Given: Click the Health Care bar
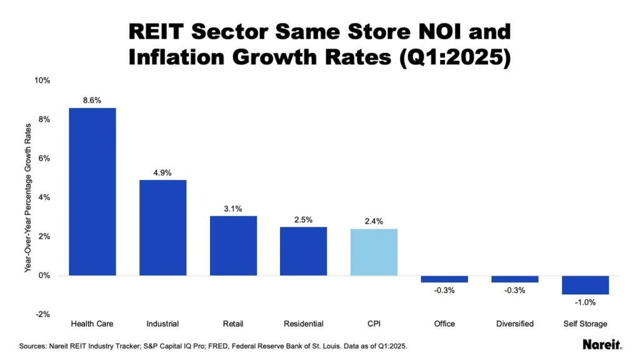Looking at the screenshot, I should point(92,191).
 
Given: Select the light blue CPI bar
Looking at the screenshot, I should point(374,252).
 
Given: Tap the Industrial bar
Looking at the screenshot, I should point(162,227).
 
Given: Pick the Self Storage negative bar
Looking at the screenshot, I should point(586,285).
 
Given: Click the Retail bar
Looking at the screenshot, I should point(233,246).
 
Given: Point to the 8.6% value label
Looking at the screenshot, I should point(92,99).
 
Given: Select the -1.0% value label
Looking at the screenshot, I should point(586,302).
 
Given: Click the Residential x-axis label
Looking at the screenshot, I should point(304,324).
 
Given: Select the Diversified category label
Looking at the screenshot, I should point(515,324).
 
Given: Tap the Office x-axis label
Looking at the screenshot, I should point(444,324).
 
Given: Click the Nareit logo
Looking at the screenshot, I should point(601,344).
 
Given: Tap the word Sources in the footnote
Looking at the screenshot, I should point(33,345).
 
